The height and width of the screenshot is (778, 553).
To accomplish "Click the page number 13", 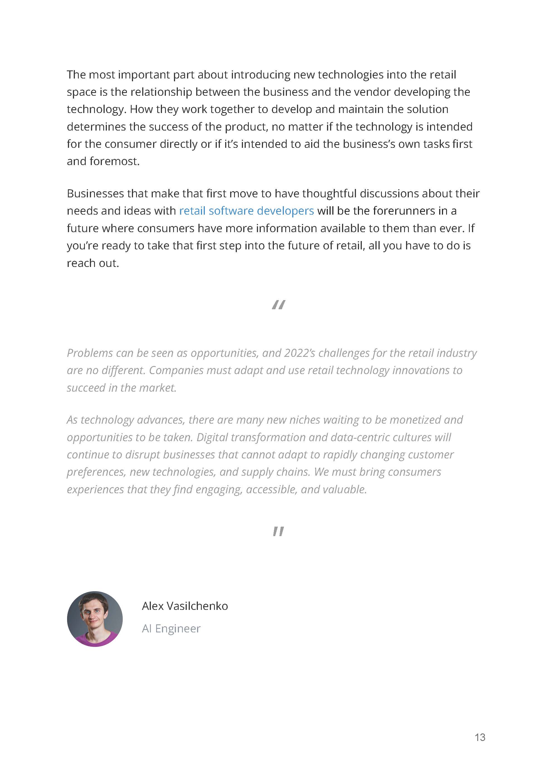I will (x=480, y=737).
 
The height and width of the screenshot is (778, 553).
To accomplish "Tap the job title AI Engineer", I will (x=171, y=629).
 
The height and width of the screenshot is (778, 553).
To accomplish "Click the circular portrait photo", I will (x=95, y=619).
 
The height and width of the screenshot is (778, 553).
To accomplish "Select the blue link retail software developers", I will (x=246, y=211).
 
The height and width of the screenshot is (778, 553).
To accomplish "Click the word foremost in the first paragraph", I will (x=114, y=161).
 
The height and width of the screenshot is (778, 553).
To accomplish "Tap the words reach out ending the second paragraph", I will (x=93, y=263).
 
